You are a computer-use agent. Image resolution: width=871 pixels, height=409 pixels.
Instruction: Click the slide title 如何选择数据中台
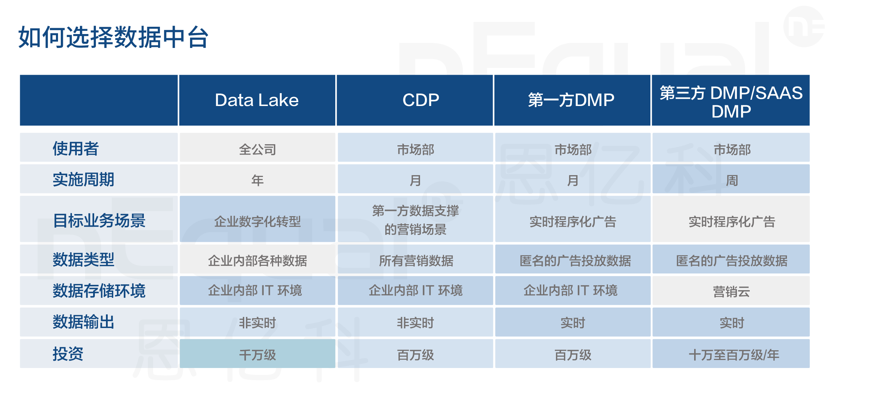pyautogui.click(x=113, y=37)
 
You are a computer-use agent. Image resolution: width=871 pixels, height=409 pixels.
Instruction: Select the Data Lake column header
pyautogui.click(x=257, y=100)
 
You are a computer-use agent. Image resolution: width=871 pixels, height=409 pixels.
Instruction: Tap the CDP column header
pyautogui.click(x=415, y=100)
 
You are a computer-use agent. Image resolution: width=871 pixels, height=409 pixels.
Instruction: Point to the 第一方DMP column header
pyautogui.click(x=572, y=100)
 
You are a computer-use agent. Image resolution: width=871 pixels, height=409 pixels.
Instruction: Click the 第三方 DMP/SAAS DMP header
pyautogui.click(x=731, y=100)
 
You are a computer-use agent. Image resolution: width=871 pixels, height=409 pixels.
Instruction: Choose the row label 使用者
pyautogui.click(x=76, y=149)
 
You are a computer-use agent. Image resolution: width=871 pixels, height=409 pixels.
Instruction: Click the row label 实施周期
pyautogui.click(x=83, y=180)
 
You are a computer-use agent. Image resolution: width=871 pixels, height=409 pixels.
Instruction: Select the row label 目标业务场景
pyautogui.click(x=99, y=221)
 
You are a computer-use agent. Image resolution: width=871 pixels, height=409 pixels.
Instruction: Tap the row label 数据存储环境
pyautogui.click(x=99, y=291)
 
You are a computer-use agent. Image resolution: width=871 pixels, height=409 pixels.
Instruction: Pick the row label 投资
pyautogui.click(x=68, y=354)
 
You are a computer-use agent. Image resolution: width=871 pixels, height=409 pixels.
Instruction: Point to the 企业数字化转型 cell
pyautogui.click(x=257, y=219)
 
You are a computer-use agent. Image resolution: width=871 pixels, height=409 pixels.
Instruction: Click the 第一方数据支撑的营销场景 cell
pyautogui.click(x=415, y=219)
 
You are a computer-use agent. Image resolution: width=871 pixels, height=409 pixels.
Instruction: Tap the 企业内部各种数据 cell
pyautogui.click(x=257, y=259)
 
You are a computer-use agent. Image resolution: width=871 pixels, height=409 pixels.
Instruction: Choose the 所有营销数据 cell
pyautogui.click(x=415, y=259)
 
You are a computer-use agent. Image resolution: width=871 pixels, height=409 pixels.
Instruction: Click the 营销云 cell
pyautogui.click(x=731, y=291)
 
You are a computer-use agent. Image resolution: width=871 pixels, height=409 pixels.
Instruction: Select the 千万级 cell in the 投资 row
pyautogui.click(x=257, y=353)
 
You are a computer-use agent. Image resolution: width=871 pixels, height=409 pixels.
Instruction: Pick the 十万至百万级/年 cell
pyautogui.click(x=731, y=353)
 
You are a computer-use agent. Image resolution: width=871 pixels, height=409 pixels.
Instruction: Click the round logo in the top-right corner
pyautogui.click(x=804, y=26)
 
